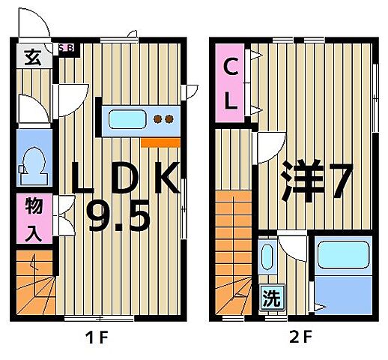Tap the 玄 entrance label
click(x=31, y=57)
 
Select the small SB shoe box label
click(x=66, y=47)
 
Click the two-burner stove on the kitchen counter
click(x=163, y=118)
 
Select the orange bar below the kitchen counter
click(x=160, y=141)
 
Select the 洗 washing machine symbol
click(x=270, y=298)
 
